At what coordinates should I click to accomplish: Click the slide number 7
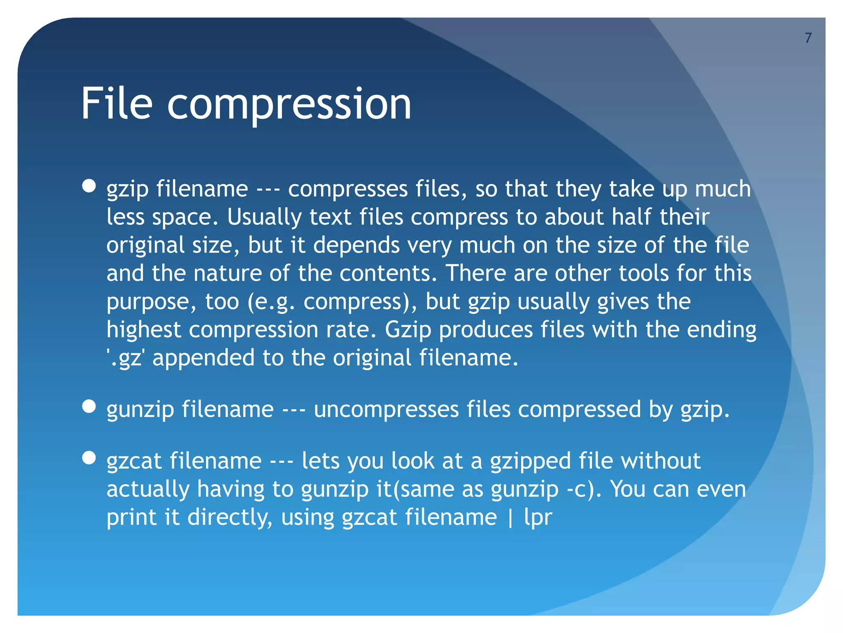click(x=808, y=38)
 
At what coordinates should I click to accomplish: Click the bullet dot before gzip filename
click(x=89, y=186)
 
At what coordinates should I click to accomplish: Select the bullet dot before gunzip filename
click(x=89, y=406)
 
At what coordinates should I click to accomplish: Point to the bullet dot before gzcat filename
click(x=89, y=458)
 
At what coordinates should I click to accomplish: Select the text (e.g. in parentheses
click(x=271, y=302)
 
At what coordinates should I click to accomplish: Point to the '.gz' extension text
click(x=125, y=358)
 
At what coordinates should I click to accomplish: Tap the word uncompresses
click(x=386, y=410)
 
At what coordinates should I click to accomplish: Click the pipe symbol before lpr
click(x=510, y=518)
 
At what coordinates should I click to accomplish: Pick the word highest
click(x=144, y=330)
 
